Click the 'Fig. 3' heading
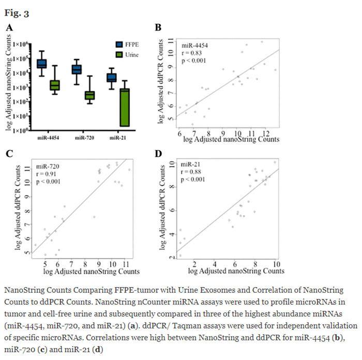coord(18,12)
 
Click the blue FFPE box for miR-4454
coord(41,64)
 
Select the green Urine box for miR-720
coord(89,95)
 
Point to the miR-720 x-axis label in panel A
coord(84,138)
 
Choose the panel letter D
coord(158,154)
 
